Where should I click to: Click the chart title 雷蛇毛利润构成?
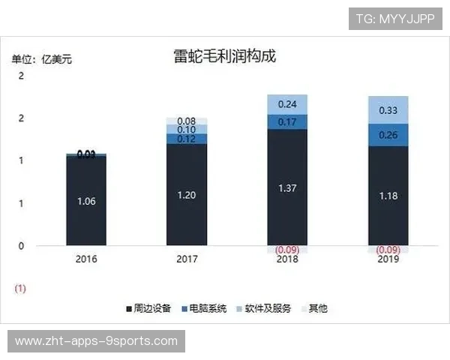click(224, 57)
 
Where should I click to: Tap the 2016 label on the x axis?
click(86, 259)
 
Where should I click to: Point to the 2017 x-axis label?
click(187, 259)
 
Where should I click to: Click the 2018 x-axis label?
click(287, 259)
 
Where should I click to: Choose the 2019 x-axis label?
click(388, 259)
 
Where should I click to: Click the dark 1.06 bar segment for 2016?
click(86, 200)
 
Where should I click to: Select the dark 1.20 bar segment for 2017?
click(187, 195)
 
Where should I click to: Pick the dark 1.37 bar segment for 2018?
click(287, 187)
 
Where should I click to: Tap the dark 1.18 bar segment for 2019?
click(388, 196)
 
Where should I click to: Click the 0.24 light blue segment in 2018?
click(287, 104)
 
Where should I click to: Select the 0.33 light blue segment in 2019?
click(388, 109)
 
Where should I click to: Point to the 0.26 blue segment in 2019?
click(388, 135)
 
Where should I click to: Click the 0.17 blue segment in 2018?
click(287, 121)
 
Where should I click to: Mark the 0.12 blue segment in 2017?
click(187, 139)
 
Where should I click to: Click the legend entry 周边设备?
click(148, 308)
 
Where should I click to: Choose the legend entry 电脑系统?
click(204, 308)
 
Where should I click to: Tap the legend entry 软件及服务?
click(264, 308)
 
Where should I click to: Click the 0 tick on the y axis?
click(21, 246)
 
